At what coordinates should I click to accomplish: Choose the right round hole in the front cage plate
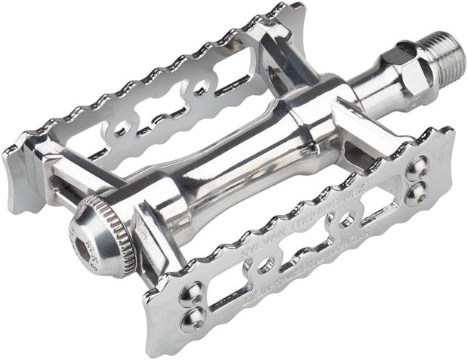[x=346, y=220]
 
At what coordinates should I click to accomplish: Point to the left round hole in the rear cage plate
[x=120, y=129]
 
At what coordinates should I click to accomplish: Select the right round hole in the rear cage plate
[x=200, y=89]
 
